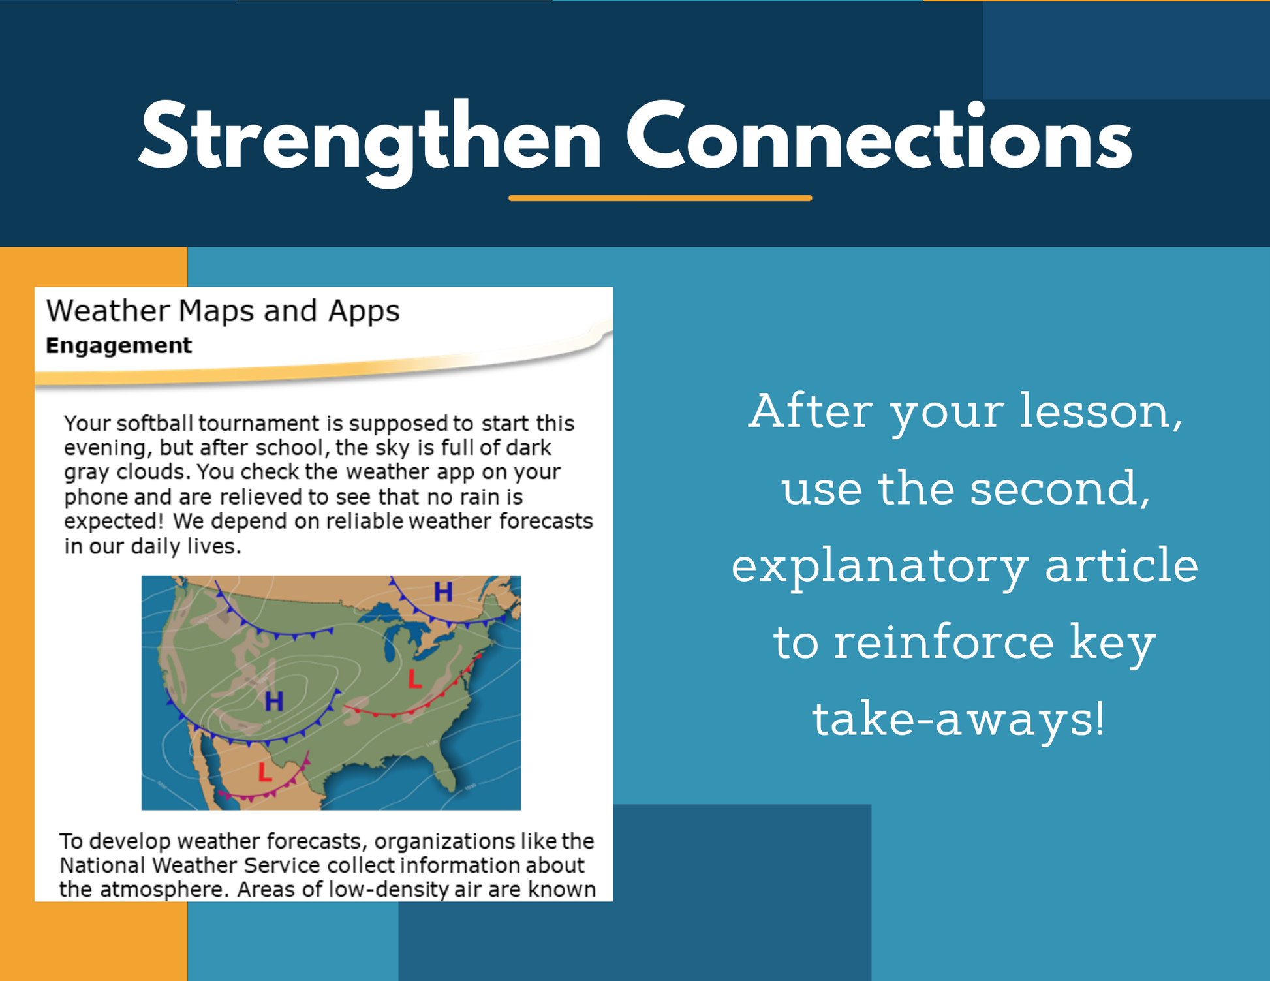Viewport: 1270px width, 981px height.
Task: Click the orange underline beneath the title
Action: point(660,198)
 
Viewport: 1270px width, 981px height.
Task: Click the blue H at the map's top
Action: point(443,592)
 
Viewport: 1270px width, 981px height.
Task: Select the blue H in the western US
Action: point(274,702)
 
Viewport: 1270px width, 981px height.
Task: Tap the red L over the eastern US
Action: point(414,679)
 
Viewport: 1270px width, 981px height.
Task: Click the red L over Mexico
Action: point(264,772)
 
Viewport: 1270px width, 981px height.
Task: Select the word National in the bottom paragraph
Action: point(102,865)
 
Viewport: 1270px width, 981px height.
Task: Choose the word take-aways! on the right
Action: point(958,719)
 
